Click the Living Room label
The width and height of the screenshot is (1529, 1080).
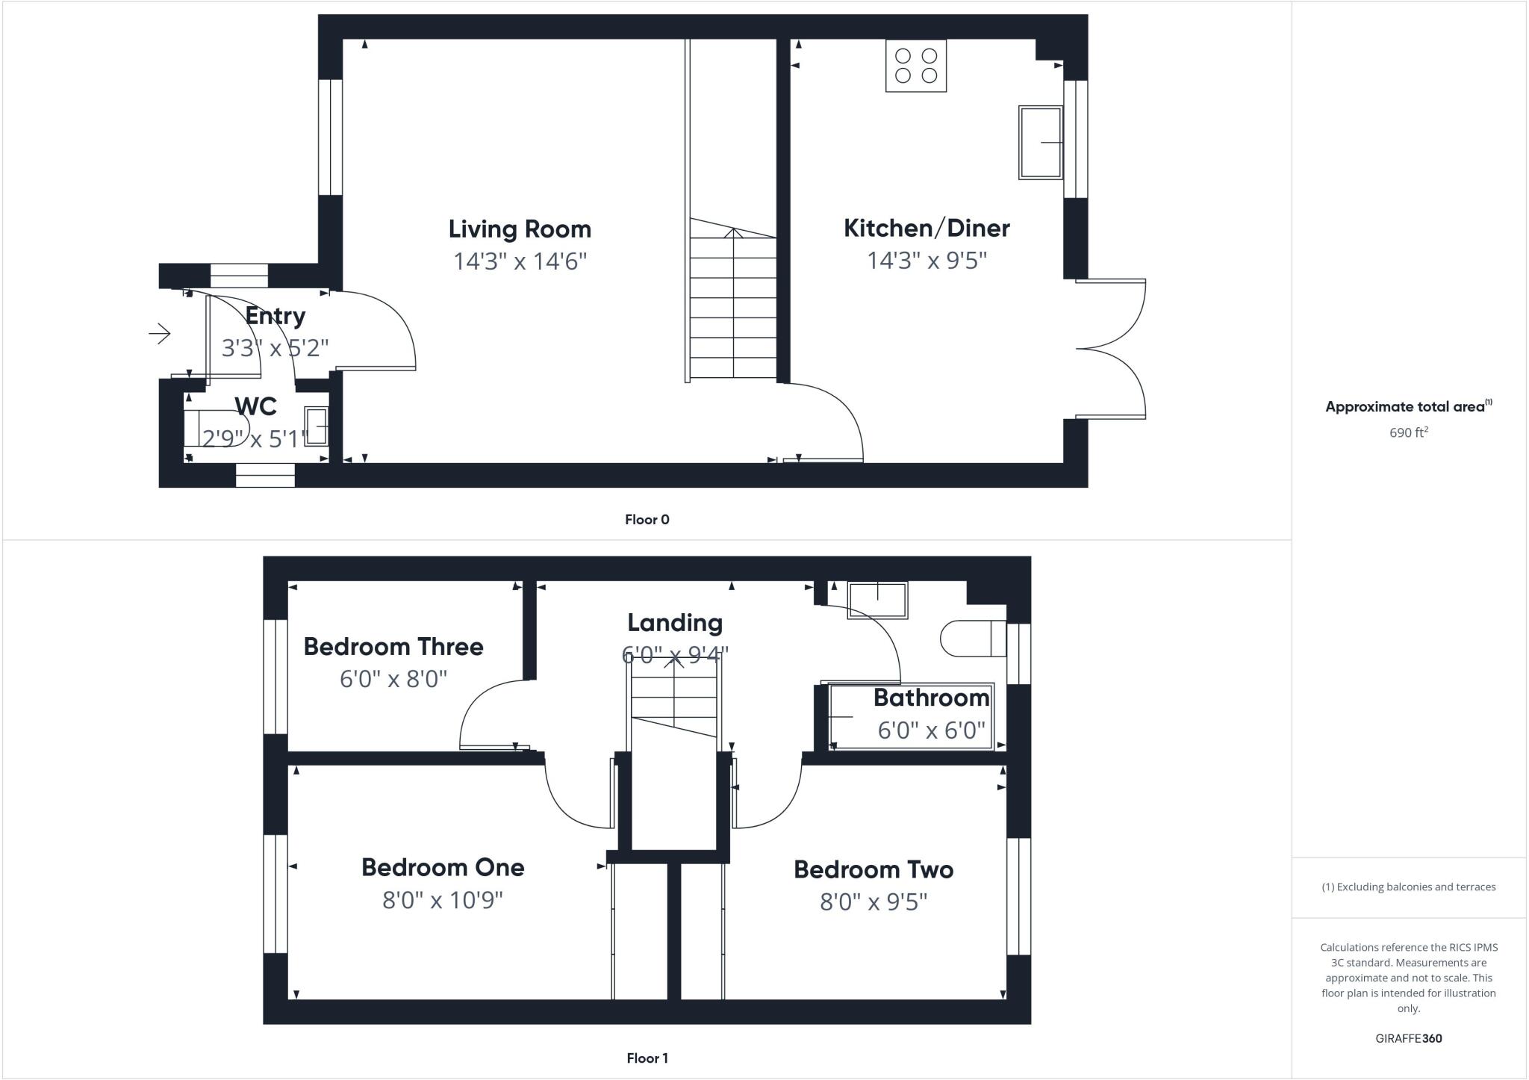(520, 229)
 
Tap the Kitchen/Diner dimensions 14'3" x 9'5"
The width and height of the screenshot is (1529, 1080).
(927, 261)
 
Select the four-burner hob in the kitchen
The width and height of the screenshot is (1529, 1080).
(916, 66)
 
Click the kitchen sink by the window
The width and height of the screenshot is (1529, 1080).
(1041, 143)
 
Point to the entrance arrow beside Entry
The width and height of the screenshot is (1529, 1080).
(160, 333)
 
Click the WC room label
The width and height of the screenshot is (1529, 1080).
(255, 407)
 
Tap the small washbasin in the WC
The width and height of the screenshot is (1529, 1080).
(316, 426)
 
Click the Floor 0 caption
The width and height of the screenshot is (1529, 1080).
(647, 520)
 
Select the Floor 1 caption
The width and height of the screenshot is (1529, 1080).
(647, 1058)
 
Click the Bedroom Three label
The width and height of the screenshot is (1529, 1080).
(393, 647)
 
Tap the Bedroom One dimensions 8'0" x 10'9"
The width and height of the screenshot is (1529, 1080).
(443, 901)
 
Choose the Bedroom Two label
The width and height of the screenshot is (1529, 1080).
(874, 870)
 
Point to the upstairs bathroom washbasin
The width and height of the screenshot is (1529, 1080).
(877, 600)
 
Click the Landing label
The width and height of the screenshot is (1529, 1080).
(675, 623)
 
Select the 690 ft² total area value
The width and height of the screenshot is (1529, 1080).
(1408, 433)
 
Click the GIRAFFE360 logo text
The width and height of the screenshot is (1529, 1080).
(1408, 1039)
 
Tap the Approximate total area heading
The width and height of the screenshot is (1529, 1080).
(1405, 407)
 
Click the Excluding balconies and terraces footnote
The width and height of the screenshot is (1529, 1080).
(1409, 887)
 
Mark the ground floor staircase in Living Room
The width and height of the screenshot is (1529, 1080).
(733, 306)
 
